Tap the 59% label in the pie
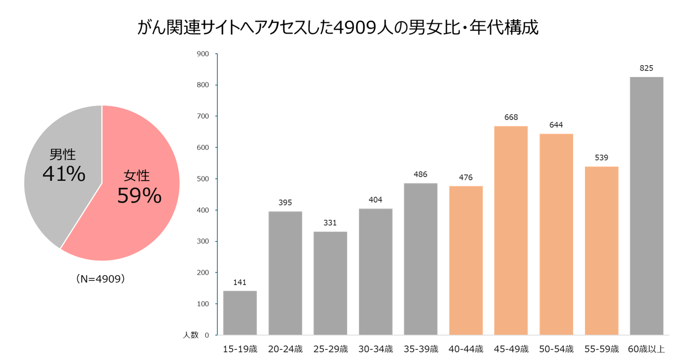(x=139, y=195)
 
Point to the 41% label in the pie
(x=64, y=174)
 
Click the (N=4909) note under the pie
(x=101, y=279)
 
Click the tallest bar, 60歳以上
(x=646, y=206)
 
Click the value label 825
(x=646, y=68)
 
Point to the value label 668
(x=511, y=117)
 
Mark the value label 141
(x=240, y=282)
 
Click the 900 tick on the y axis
(x=203, y=54)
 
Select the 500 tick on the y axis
(x=203, y=179)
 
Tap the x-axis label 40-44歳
(x=466, y=349)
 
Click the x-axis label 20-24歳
(x=285, y=349)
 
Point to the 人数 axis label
(x=191, y=335)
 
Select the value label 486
(x=420, y=174)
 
